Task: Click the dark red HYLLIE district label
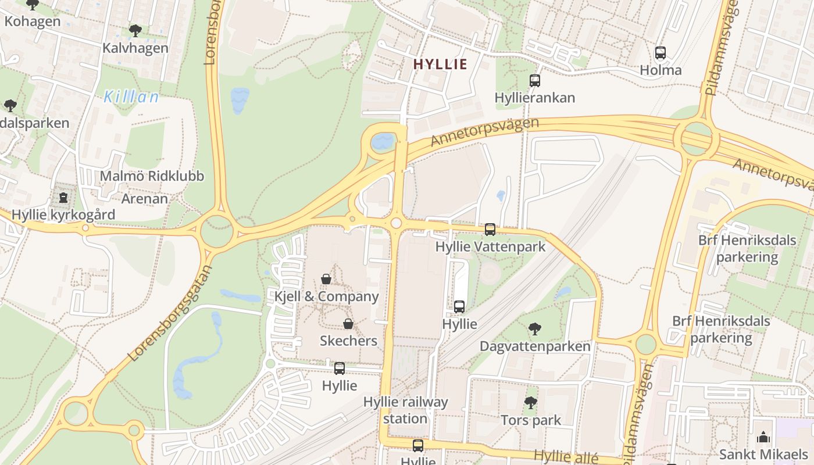click(440, 64)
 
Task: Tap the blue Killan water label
click(131, 97)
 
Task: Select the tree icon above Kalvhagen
click(135, 31)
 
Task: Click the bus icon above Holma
click(661, 53)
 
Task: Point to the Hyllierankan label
click(534, 98)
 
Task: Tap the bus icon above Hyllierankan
click(534, 81)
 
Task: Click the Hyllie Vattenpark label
click(490, 246)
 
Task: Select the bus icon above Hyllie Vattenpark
click(490, 230)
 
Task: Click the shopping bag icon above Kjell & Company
click(326, 280)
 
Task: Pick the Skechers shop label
click(348, 341)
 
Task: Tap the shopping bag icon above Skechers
click(348, 324)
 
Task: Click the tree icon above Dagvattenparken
click(535, 330)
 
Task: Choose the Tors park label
click(531, 420)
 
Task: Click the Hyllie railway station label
click(405, 410)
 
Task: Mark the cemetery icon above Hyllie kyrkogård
click(63, 198)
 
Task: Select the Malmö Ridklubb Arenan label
click(151, 187)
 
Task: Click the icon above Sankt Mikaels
click(763, 437)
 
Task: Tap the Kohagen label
click(33, 22)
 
